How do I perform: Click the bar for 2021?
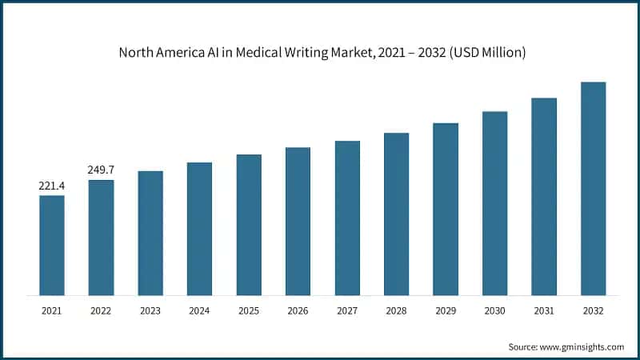(52, 245)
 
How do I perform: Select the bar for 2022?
(101, 237)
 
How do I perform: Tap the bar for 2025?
(249, 224)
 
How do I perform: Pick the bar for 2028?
(396, 214)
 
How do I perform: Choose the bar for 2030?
(495, 202)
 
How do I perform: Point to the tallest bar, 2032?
(593, 188)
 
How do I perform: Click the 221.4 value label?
(52, 186)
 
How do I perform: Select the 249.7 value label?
(101, 170)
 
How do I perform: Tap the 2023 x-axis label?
(150, 309)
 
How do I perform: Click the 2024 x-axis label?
(199, 309)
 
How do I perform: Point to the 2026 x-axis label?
(298, 309)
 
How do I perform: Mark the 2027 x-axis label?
(347, 309)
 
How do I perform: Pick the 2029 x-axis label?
(446, 309)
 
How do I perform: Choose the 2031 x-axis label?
(544, 309)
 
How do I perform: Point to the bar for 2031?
(544, 196)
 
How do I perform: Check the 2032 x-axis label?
(593, 309)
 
